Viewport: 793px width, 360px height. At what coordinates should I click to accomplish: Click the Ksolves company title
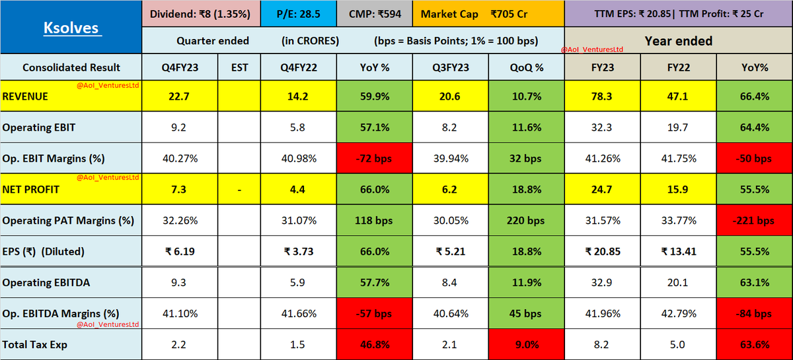point(71,28)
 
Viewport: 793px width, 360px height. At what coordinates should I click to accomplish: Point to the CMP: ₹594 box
point(375,14)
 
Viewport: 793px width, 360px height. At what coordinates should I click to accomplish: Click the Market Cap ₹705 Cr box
point(488,14)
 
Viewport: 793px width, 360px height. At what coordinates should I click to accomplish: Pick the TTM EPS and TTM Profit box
point(678,14)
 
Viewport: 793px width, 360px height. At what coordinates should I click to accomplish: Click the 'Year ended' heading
point(678,41)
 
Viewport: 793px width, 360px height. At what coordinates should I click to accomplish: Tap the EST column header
point(239,67)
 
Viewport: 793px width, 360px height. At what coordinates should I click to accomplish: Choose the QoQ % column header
point(527,67)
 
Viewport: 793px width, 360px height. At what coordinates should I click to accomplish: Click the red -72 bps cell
point(375,159)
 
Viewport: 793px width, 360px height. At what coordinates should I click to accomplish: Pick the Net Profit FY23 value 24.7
point(603,190)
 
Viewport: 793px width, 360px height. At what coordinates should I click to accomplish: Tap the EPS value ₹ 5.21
point(451,252)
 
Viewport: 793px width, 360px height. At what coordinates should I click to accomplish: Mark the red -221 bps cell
point(754,221)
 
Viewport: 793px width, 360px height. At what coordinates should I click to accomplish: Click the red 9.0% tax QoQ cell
point(527,344)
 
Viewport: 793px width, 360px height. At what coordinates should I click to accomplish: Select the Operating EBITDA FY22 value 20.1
point(678,283)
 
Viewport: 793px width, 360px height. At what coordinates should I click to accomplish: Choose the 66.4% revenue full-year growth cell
point(754,96)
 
